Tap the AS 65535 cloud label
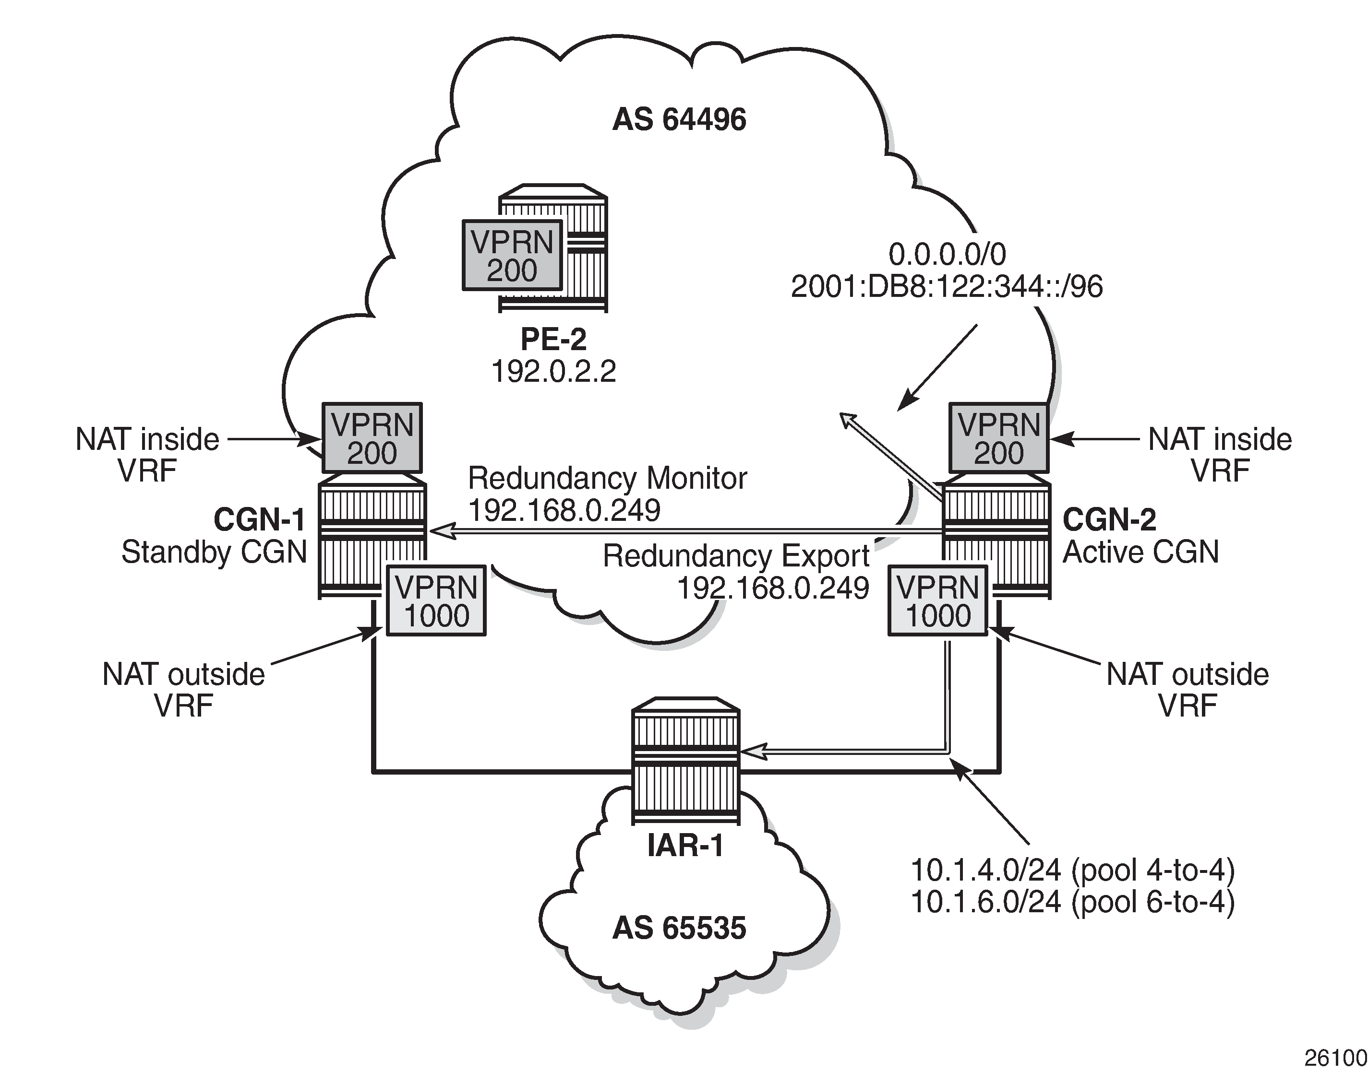(x=679, y=929)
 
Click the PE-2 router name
(x=553, y=339)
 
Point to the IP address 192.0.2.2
(x=553, y=371)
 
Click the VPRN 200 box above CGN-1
(x=372, y=438)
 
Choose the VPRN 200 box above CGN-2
(x=998, y=438)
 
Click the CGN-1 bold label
(x=259, y=520)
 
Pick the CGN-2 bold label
(x=1109, y=520)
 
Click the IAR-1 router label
(x=685, y=845)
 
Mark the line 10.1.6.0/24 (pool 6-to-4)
(x=1072, y=902)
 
